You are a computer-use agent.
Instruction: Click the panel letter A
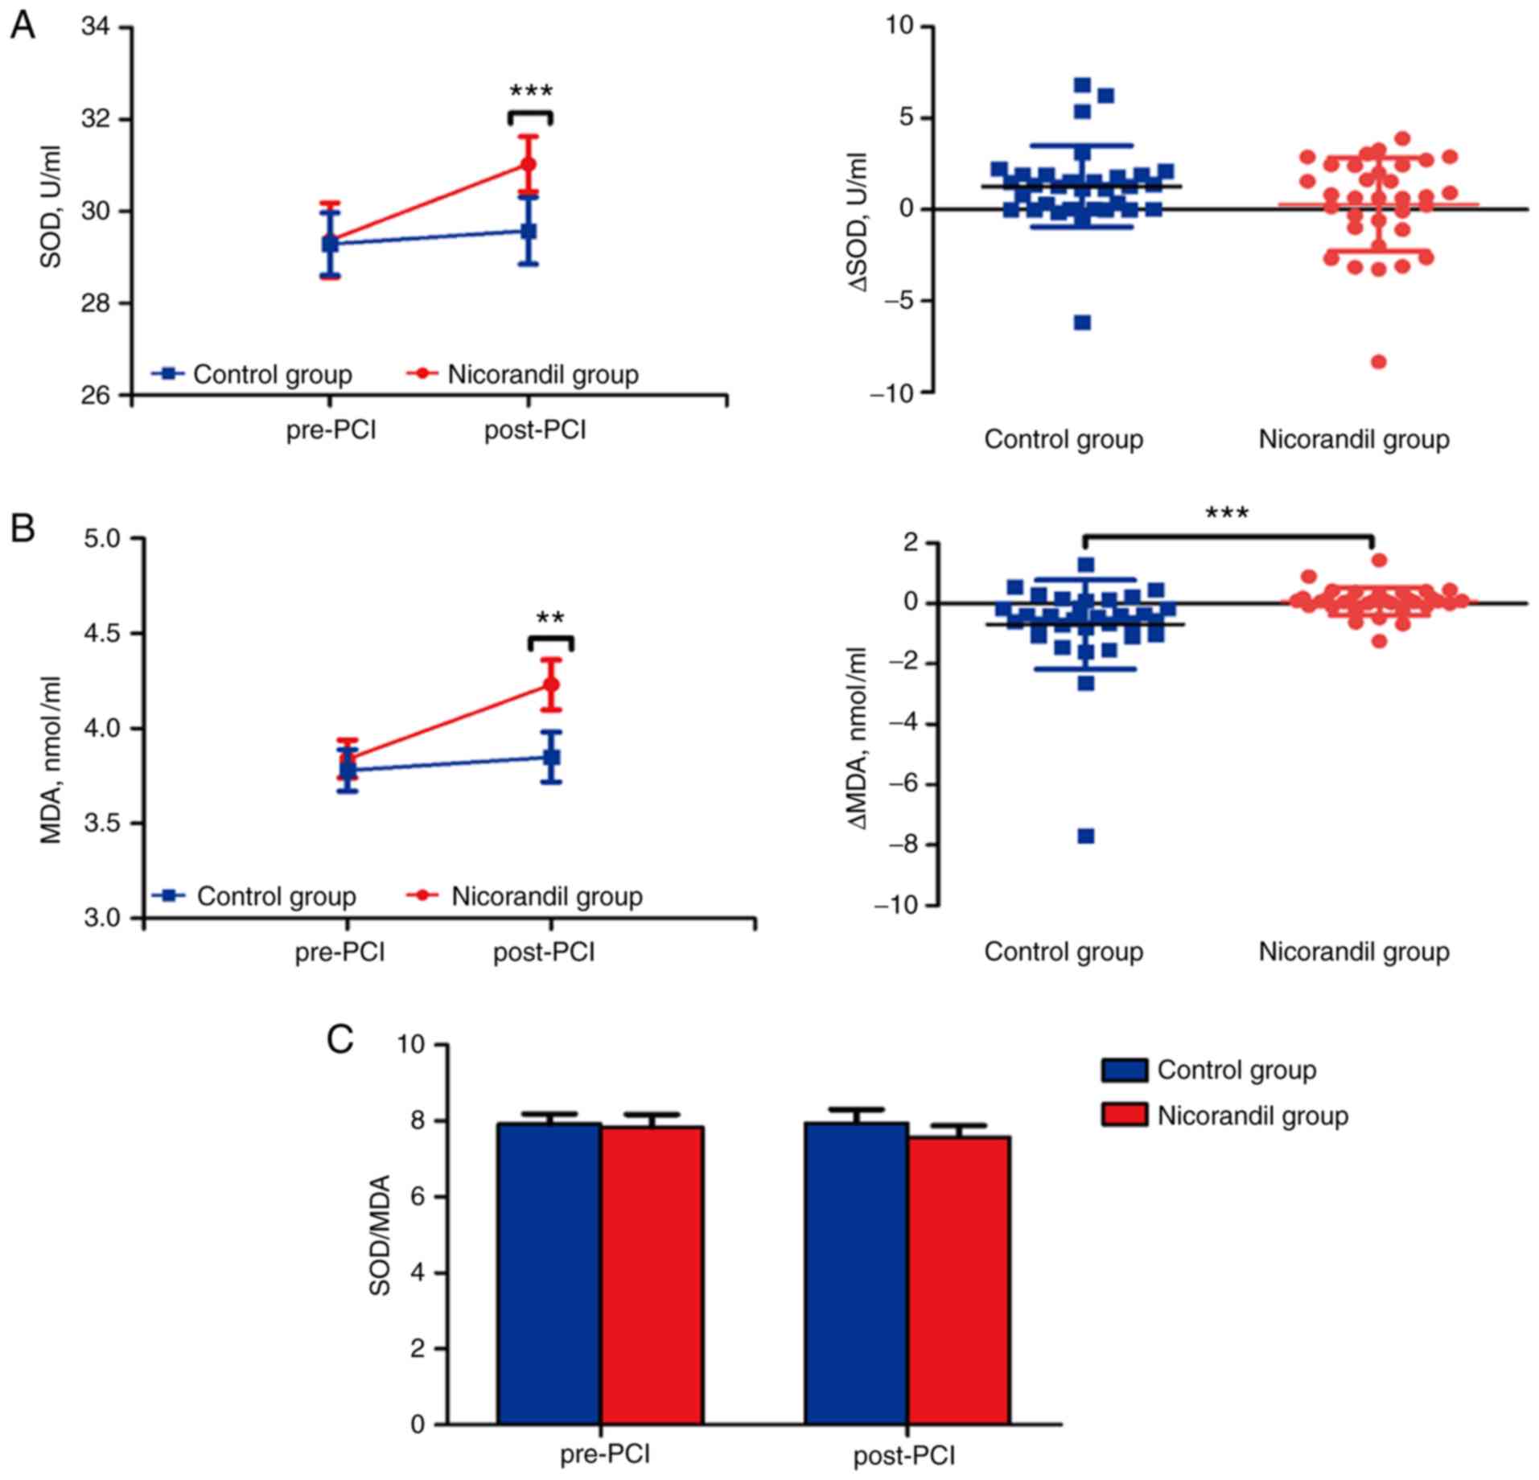(x=23, y=27)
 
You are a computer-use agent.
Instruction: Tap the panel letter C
(x=340, y=1039)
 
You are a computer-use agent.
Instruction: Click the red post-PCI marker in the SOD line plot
(x=529, y=164)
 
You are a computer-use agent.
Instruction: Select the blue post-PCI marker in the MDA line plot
(x=551, y=757)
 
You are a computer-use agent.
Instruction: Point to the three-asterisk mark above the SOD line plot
(x=531, y=91)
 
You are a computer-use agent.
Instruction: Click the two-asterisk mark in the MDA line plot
(x=551, y=619)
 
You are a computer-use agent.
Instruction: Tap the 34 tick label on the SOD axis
(x=97, y=27)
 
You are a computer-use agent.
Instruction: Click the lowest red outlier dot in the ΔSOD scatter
(x=1378, y=362)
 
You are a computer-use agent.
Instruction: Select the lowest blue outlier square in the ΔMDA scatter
(x=1085, y=837)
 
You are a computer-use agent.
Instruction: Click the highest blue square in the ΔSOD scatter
(x=1082, y=84)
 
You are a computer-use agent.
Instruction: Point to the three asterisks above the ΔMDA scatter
(x=1227, y=513)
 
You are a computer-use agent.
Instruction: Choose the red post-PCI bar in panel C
(x=959, y=1279)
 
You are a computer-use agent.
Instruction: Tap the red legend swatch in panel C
(x=1124, y=1115)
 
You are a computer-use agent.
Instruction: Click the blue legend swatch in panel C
(x=1124, y=1070)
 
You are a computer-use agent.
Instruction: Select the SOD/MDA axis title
(x=381, y=1235)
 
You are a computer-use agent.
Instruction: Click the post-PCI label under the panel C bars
(x=904, y=1456)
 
